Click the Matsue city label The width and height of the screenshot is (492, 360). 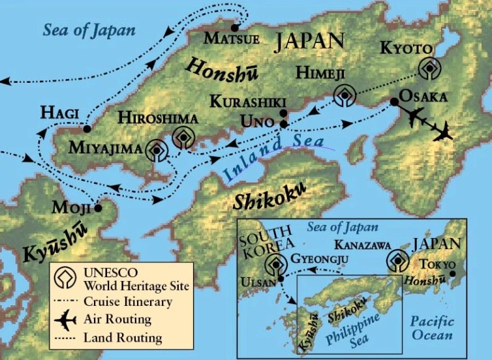pyautogui.click(x=232, y=39)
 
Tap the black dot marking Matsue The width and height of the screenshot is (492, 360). pyautogui.click(x=235, y=27)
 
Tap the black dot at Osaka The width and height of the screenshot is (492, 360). pyautogui.click(x=394, y=102)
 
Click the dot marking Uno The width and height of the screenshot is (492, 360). pyautogui.click(x=284, y=123)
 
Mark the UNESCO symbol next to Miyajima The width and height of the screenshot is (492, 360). pyautogui.click(x=157, y=150)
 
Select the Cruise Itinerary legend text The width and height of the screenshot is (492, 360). pyautogui.click(x=128, y=302)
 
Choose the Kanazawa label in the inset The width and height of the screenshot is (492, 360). pyautogui.click(x=363, y=245)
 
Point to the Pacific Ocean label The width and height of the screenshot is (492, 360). pyautogui.click(x=432, y=328)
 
